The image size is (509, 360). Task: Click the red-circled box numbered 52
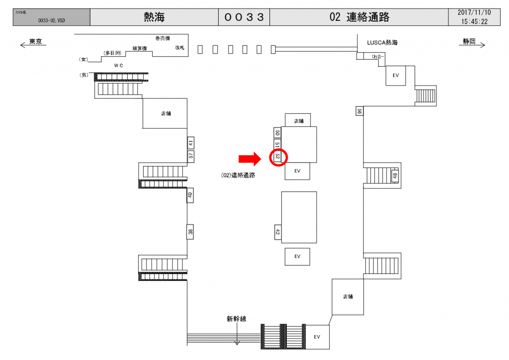(278, 157)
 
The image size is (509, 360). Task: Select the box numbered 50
(278, 132)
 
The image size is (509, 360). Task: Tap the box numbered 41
(191, 143)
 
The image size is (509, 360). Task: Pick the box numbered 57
(191, 156)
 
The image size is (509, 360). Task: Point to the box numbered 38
(190, 232)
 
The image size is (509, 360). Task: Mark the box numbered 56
(359, 111)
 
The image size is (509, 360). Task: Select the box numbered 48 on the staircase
(395, 176)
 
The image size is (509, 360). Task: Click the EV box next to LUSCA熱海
(396, 76)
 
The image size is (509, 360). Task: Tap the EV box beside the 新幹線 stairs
(317, 337)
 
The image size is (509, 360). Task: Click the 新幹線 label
(237, 319)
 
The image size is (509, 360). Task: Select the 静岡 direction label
(469, 42)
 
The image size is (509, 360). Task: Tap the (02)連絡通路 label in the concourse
(238, 175)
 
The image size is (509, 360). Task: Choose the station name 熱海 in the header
(154, 17)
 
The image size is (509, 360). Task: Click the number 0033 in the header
(244, 17)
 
